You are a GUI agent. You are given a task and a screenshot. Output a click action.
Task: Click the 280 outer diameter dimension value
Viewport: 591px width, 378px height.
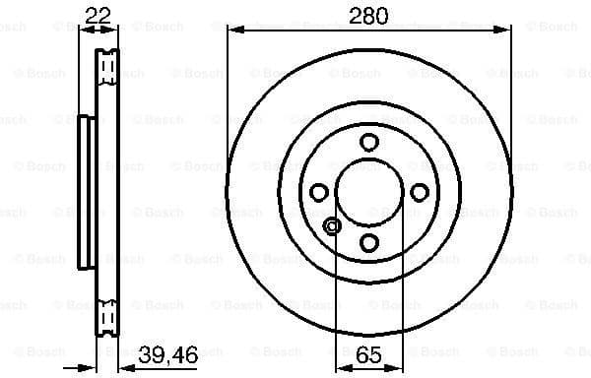click(x=368, y=15)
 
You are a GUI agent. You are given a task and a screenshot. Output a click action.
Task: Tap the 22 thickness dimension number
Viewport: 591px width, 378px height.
click(x=97, y=15)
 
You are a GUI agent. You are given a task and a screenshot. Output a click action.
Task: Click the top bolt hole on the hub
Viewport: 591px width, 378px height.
click(x=368, y=142)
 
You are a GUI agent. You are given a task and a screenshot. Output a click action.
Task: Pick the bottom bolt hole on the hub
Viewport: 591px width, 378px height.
click(x=368, y=241)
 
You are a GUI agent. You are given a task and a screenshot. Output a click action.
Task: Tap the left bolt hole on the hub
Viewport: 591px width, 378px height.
click(x=318, y=192)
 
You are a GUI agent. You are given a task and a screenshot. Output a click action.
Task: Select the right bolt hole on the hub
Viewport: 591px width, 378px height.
click(x=419, y=192)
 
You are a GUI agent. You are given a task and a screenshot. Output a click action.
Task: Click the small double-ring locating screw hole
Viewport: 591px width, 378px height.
click(x=332, y=227)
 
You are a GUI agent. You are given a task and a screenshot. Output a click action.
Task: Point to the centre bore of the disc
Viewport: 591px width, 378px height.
click(x=368, y=192)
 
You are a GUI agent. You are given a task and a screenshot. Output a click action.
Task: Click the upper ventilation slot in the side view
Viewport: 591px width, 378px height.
click(x=107, y=67)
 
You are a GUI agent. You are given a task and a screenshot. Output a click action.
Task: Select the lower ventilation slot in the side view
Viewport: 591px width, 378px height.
click(x=107, y=315)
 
